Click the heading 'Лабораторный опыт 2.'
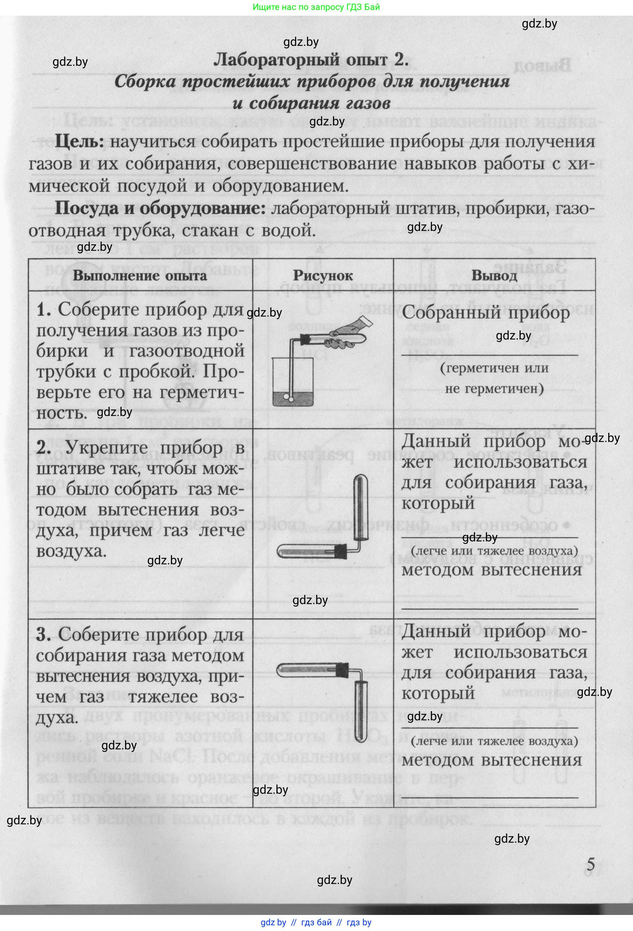click(311, 60)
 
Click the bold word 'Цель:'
click(79, 141)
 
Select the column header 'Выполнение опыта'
click(140, 276)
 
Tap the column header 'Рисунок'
click(323, 276)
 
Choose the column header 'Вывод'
click(494, 276)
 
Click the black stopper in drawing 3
click(342, 669)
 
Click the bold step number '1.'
click(44, 310)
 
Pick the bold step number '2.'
click(44, 448)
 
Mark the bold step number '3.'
click(44, 635)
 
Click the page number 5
click(591, 864)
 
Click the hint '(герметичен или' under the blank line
click(494, 368)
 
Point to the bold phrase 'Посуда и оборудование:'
click(160, 208)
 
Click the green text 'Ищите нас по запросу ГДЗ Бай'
click(316, 7)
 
